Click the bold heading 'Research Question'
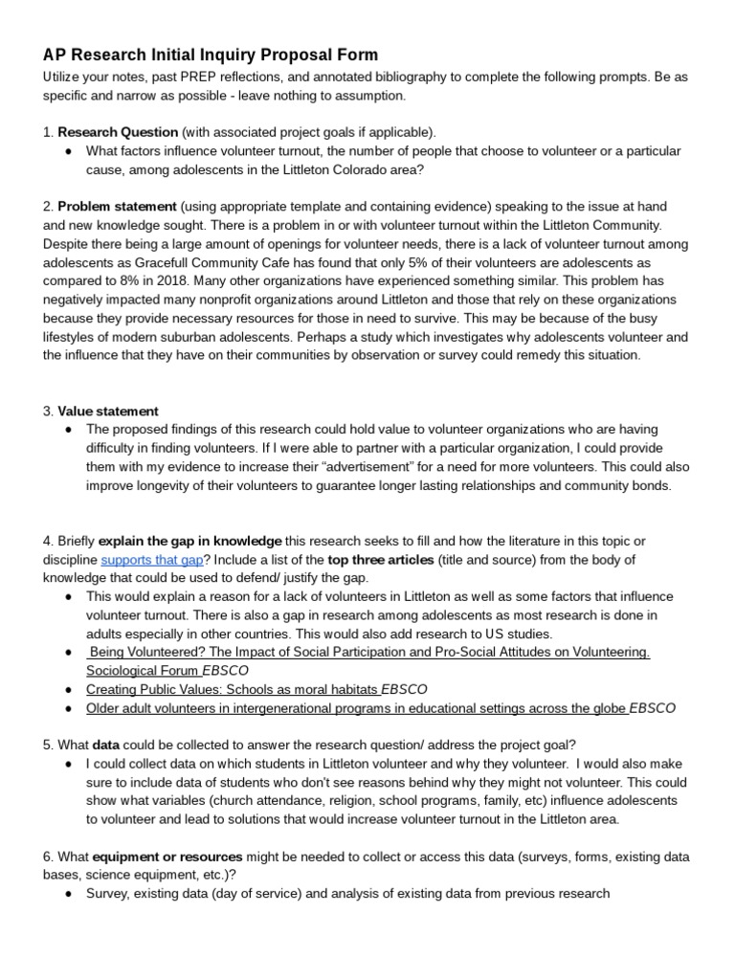[x=118, y=131]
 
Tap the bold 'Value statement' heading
[x=108, y=412]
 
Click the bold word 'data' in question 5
[x=110, y=746]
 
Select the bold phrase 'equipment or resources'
[x=168, y=857]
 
